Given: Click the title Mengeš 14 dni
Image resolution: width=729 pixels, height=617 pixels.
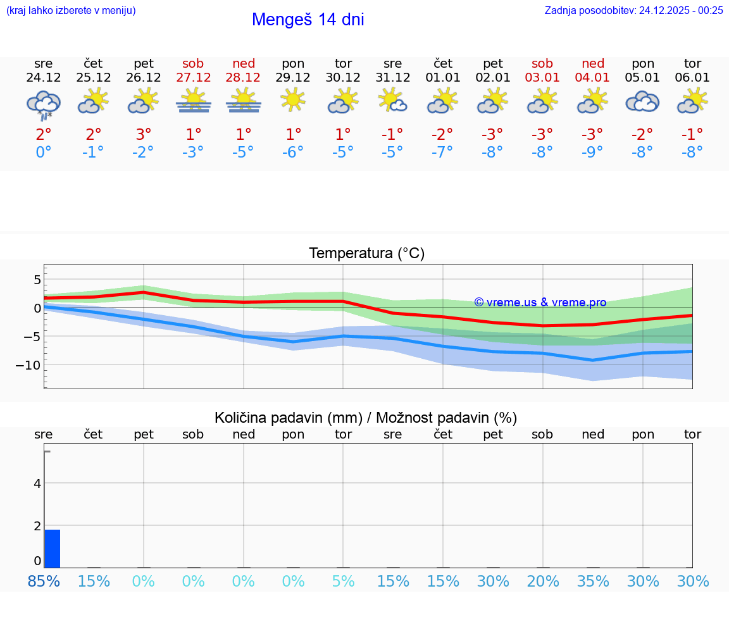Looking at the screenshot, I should click(x=308, y=20).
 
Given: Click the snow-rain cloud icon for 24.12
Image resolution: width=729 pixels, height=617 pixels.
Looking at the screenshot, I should click(x=43, y=105).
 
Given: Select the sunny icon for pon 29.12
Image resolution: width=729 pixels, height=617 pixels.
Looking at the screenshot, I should click(x=293, y=100).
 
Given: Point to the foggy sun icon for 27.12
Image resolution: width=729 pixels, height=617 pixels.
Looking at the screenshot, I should click(x=194, y=101).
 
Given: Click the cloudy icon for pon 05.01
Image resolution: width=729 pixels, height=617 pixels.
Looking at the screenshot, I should click(x=642, y=101).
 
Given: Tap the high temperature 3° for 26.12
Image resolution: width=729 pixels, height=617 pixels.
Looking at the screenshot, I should click(x=144, y=135).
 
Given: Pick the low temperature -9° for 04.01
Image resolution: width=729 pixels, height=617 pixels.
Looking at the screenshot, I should click(x=592, y=153).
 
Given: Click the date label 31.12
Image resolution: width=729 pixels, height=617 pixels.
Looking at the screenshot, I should click(x=392, y=78).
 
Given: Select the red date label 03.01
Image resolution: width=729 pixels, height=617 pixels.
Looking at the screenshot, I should click(x=542, y=78).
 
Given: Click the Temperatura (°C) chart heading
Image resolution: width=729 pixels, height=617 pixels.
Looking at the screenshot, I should click(x=366, y=254).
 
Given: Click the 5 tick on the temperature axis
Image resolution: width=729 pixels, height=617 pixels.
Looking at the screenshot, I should click(x=37, y=280).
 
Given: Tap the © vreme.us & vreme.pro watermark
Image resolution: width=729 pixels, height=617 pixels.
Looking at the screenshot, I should click(x=540, y=302).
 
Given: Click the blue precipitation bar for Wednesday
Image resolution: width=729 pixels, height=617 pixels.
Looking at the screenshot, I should click(x=52, y=549).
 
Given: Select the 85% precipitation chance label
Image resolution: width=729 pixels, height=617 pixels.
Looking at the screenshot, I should click(x=44, y=581).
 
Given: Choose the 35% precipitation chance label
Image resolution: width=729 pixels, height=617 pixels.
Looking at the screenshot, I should click(x=592, y=581).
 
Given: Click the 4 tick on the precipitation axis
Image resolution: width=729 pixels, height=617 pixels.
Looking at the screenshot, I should click(x=37, y=483).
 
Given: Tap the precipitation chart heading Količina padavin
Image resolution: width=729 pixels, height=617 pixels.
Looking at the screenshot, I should click(x=365, y=418).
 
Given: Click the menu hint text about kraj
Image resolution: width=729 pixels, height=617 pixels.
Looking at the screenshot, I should click(x=71, y=10).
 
